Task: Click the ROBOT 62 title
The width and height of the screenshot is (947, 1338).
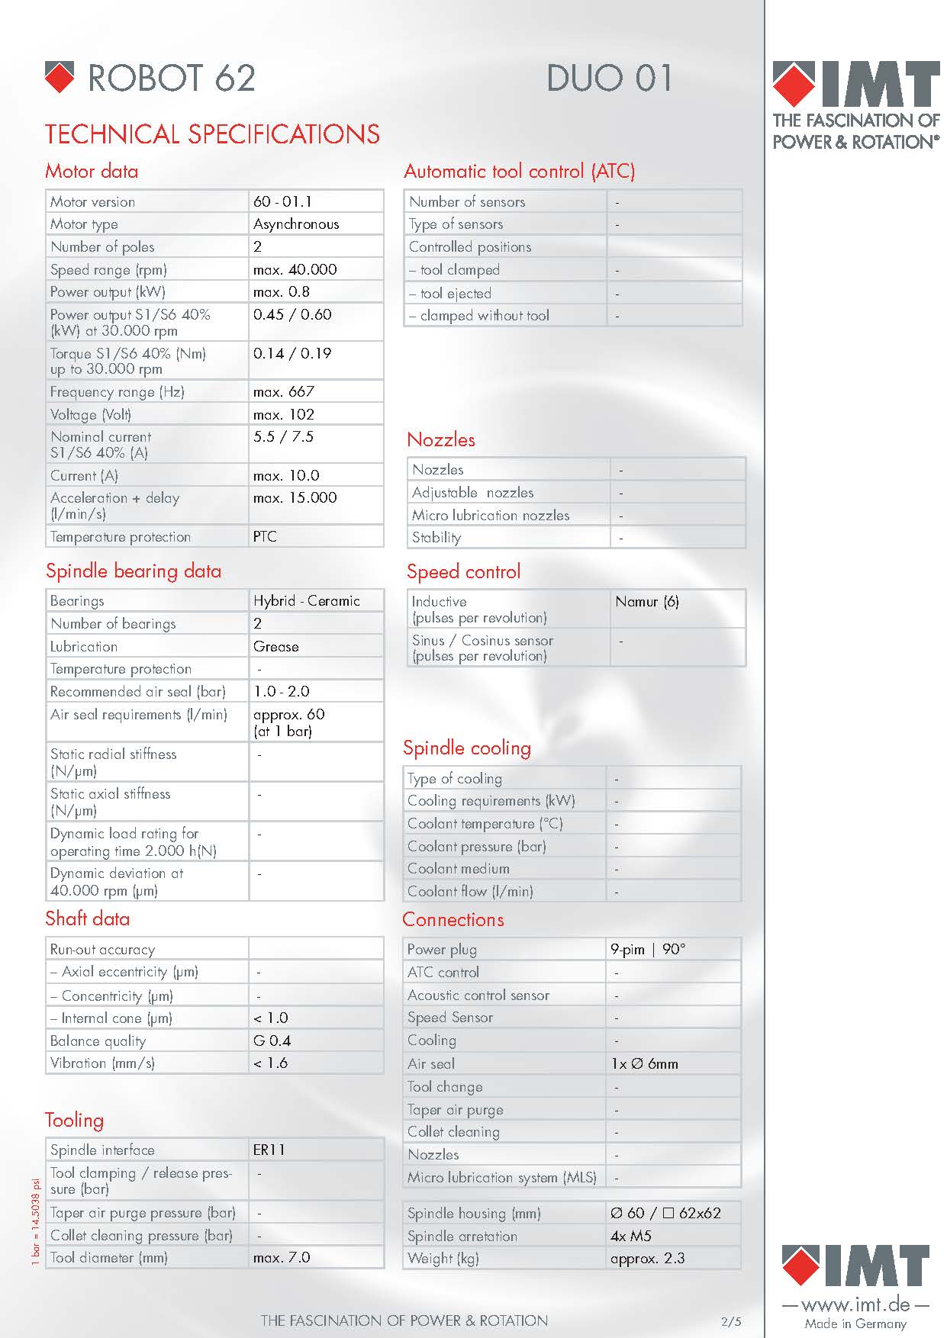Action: pos(171,78)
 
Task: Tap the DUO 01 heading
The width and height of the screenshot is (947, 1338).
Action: pos(609,78)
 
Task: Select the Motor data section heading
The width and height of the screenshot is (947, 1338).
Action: pos(92,171)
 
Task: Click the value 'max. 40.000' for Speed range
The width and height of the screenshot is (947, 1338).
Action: pos(295,269)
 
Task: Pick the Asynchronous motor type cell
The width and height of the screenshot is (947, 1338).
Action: pos(296,224)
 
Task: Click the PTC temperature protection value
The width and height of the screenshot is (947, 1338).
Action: pos(265,536)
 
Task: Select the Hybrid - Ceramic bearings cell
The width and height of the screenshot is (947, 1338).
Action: pos(306,600)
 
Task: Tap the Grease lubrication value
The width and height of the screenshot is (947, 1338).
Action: pos(275,646)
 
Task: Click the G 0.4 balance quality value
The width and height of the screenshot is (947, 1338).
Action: pos(272,1040)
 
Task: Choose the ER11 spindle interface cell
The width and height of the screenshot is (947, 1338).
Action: pos(269,1150)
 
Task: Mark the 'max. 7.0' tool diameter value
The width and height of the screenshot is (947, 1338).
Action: pos(282,1257)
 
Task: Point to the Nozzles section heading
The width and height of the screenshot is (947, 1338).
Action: pos(441,439)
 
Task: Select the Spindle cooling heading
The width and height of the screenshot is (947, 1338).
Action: pos(466,748)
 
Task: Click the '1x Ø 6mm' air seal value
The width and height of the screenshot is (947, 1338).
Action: pos(644,1063)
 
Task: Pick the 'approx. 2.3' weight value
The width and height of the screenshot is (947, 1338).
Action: pos(647,1258)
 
